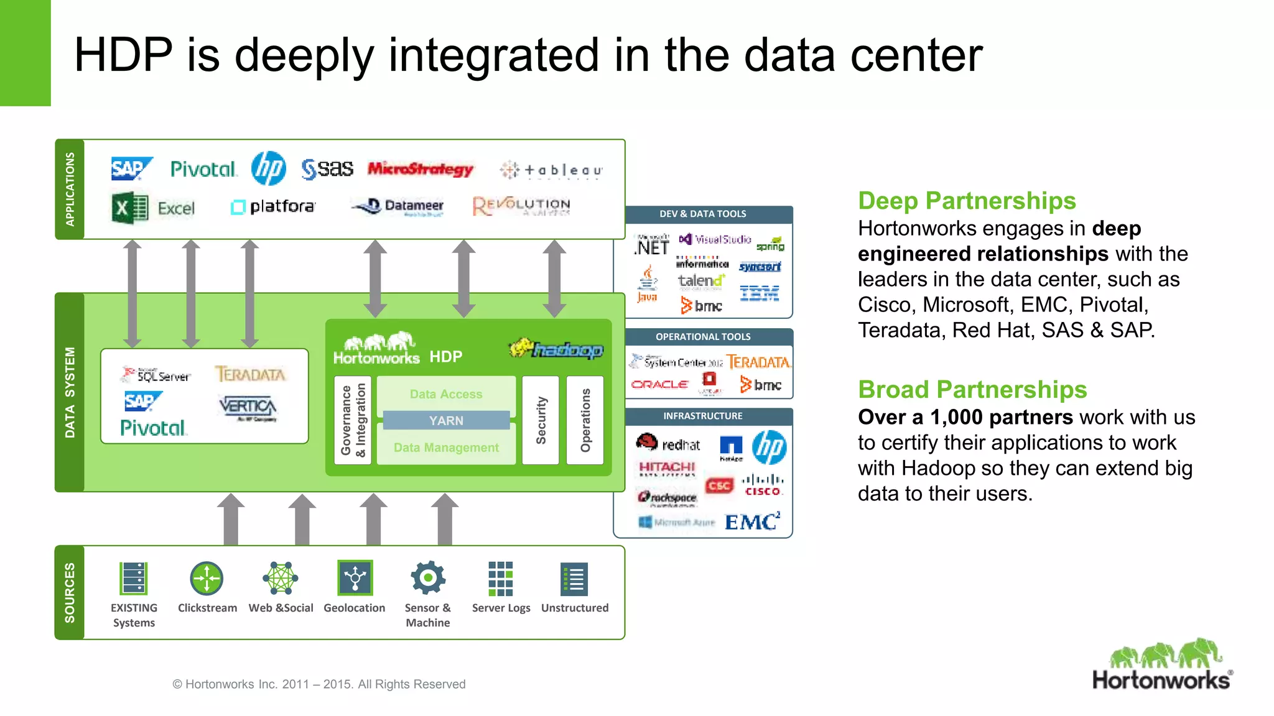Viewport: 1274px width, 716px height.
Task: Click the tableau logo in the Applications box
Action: (551, 170)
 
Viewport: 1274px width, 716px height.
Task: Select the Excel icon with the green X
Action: (130, 208)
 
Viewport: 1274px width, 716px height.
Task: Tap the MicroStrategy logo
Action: (421, 168)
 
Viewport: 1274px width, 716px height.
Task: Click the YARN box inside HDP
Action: (446, 421)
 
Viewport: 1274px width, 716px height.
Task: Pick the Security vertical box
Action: (541, 420)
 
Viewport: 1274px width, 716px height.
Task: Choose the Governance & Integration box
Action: (353, 420)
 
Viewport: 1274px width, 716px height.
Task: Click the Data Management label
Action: (446, 447)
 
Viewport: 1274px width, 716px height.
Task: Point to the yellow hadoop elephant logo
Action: (556, 349)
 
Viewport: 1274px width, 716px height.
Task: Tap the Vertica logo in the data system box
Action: (248, 407)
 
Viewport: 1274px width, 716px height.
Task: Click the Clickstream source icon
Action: (207, 579)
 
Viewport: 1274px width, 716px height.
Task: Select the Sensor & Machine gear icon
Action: (428, 578)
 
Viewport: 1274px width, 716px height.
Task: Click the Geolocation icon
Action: (355, 578)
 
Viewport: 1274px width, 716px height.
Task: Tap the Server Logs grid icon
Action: (501, 579)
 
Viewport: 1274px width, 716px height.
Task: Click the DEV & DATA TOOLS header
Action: (703, 214)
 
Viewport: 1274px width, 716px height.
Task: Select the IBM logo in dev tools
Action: (760, 293)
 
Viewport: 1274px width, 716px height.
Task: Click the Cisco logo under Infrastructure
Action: (763, 485)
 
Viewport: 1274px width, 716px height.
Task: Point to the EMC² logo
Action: (752, 521)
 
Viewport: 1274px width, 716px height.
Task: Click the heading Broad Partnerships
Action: (972, 390)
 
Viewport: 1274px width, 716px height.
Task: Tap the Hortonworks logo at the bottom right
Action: (1162, 665)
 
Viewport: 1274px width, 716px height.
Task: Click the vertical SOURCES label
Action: (70, 592)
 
